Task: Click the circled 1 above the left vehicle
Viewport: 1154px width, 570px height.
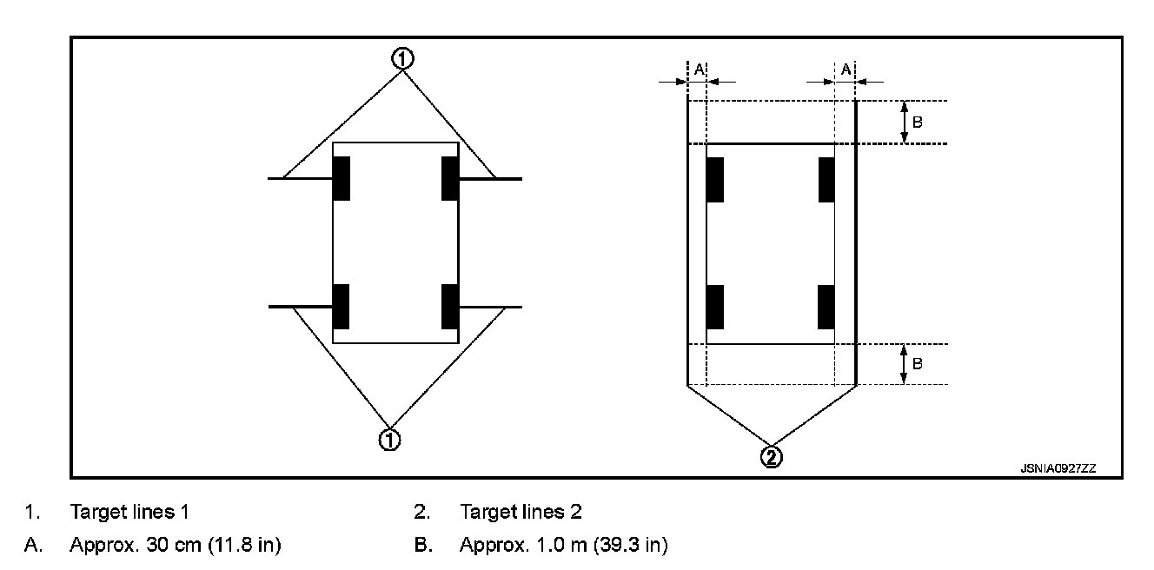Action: [x=401, y=58]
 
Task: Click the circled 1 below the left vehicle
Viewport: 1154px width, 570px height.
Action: [x=390, y=440]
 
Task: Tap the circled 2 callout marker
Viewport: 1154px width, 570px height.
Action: [x=771, y=456]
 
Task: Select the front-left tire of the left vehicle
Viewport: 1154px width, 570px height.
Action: [x=342, y=178]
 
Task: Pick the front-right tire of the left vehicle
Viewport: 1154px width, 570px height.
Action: [x=450, y=178]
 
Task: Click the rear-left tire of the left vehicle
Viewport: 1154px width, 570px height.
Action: [x=342, y=307]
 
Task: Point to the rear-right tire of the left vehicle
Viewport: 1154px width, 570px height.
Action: [x=450, y=307]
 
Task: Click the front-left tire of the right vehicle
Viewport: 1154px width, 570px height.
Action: [x=715, y=180]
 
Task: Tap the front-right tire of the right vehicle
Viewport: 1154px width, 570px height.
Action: [x=826, y=180]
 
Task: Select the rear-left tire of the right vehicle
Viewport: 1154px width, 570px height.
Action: [x=715, y=307]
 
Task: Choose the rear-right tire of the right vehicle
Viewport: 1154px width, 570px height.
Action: [x=826, y=307]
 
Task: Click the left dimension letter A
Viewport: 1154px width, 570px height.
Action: [x=698, y=69]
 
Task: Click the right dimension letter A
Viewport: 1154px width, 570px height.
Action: [x=845, y=69]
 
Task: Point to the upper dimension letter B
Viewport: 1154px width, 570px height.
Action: [x=918, y=122]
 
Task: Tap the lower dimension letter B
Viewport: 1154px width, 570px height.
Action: [x=918, y=363]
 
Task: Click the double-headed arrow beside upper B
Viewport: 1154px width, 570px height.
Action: [x=904, y=122]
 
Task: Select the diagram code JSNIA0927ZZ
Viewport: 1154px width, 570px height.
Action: [x=1058, y=467]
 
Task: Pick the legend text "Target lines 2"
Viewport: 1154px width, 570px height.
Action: [x=521, y=512]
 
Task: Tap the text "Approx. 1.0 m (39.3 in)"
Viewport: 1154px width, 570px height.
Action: [x=563, y=546]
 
